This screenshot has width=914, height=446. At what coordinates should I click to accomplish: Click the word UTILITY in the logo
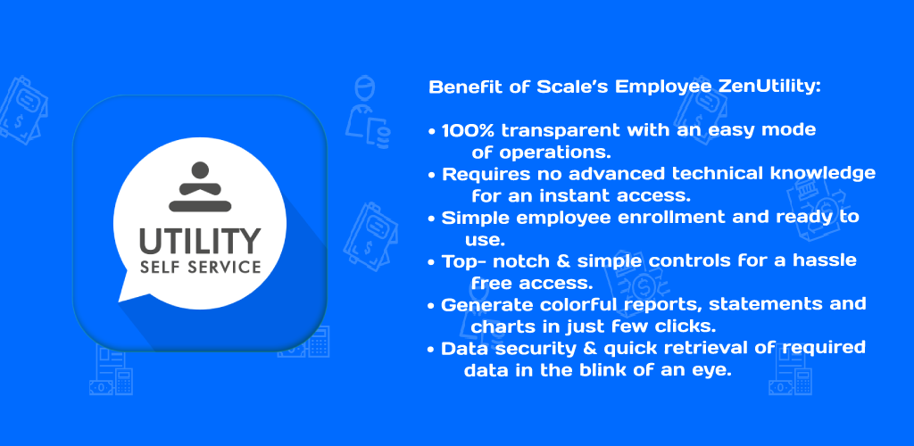click(200, 241)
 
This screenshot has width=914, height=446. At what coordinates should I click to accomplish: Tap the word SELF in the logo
click(157, 268)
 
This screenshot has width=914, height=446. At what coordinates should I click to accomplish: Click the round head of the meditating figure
click(200, 170)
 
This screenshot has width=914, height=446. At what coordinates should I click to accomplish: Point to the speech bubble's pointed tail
click(122, 296)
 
